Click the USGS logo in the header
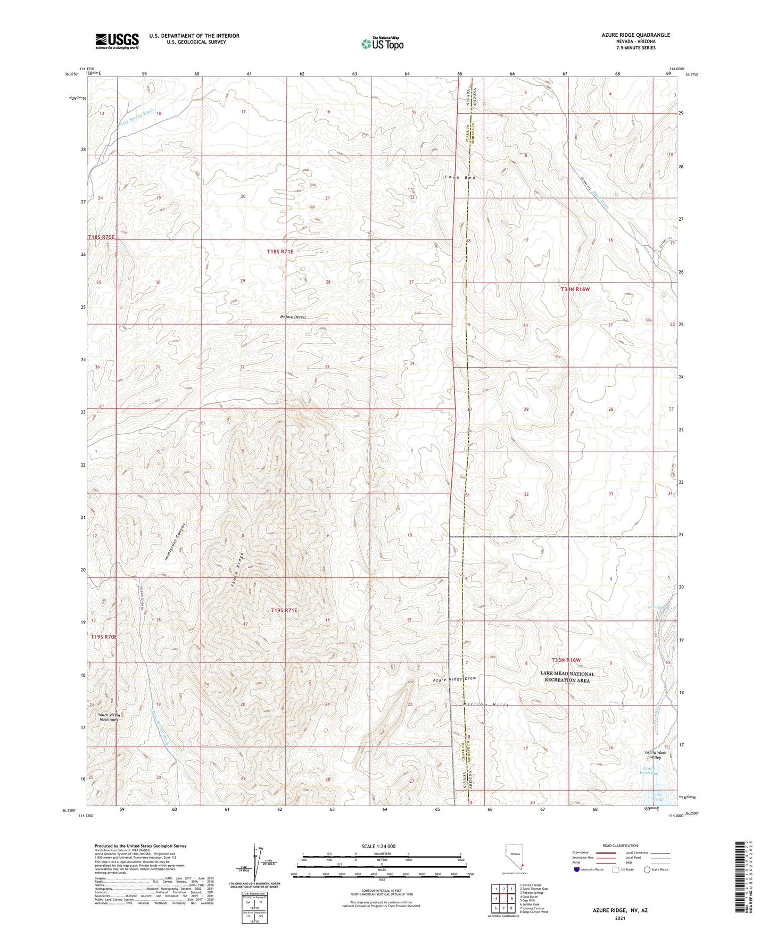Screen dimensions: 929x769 click(117, 40)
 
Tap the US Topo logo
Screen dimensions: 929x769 click(382, 44)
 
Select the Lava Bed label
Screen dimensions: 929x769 click(460, 177)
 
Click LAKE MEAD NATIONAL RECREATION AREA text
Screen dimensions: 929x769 click(567, 677)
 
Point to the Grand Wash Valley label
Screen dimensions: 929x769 click(655, 755)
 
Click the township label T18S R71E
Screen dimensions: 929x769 click(280, 252)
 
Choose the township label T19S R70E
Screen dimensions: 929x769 click(103, 636)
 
